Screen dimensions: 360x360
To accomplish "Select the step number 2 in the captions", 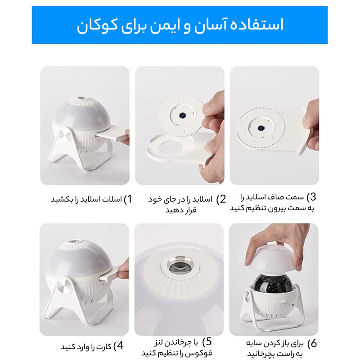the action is (223, 199).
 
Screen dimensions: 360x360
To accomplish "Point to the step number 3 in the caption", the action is (313, 197).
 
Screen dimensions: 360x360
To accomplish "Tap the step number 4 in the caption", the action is (120, 346).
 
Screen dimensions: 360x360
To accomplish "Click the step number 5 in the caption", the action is (208, 342).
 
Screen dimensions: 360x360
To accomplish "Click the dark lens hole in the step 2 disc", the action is (182, 115).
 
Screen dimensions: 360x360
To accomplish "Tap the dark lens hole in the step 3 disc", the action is (261, 128).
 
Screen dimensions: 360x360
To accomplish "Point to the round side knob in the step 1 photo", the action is (66, 135).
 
